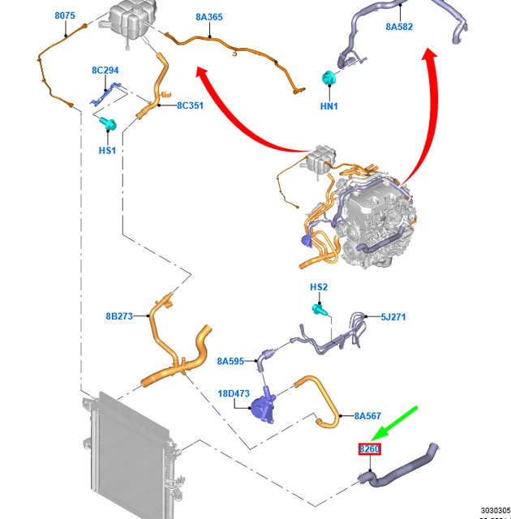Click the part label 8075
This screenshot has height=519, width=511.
tap(65, 16)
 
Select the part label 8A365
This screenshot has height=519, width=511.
tap(209, 16)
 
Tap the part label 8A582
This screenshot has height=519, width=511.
tap(399, 27)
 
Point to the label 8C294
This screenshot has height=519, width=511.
tap(105, 71)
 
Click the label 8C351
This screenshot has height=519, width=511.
tap(190, 105)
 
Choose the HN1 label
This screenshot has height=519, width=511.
tap(328, 106)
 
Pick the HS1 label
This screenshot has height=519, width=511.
tap(107, 151)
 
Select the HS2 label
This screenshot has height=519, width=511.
tap(319, 287)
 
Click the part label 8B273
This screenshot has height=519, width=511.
tap(118, 316)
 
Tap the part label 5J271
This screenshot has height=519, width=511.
tap(393, 317)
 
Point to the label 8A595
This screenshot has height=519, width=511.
tap(230, 362)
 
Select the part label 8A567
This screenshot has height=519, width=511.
tap(367, 416)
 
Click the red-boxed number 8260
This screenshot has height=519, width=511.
tap(370, 449)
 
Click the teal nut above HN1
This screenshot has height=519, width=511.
tap(328, 79)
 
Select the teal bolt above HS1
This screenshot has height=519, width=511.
tap(109, 124)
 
